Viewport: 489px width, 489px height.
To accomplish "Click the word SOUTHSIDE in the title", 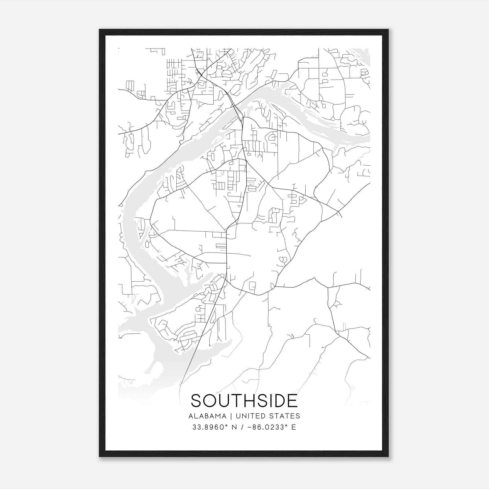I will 244,401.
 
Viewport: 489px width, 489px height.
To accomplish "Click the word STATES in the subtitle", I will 285,416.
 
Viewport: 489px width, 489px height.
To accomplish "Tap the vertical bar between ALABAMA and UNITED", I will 231,416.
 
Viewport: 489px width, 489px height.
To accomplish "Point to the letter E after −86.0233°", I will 294,427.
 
